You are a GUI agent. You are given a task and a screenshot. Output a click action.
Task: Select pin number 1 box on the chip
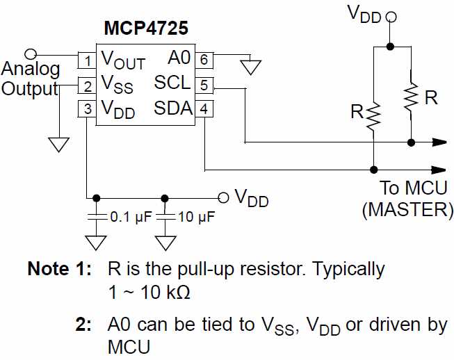(86, 60)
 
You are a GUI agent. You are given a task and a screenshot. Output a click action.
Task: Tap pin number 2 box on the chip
(86, 86)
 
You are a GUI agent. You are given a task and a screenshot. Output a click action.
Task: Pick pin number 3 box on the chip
(86, 109)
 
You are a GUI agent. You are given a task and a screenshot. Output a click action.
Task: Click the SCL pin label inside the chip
(172, 83)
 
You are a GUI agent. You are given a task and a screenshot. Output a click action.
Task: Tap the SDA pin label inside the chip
(172, 108)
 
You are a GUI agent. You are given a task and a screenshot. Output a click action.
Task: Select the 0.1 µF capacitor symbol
(95, 218)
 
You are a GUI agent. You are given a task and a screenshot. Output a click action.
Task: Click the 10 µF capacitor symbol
(165, 218)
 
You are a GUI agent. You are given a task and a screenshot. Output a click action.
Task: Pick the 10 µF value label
(196, 218)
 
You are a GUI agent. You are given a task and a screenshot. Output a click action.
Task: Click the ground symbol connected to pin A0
(250, 67)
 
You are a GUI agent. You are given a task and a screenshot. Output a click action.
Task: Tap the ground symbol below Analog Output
(59, 144)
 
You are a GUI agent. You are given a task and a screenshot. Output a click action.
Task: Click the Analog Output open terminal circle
(30, 54)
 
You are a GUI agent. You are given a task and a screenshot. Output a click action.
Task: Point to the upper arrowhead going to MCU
(439, 142)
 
